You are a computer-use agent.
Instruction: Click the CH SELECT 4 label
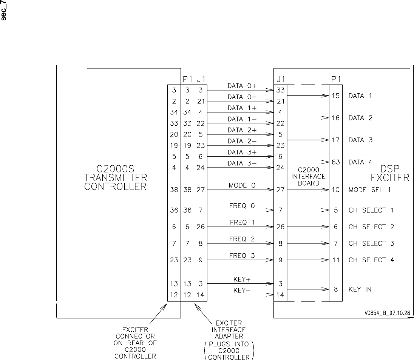coord(371,260)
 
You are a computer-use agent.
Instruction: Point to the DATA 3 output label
coord(361,140)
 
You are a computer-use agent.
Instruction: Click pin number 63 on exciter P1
coord(335,162)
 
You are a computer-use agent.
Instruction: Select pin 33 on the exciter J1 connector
coord(280,91)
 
